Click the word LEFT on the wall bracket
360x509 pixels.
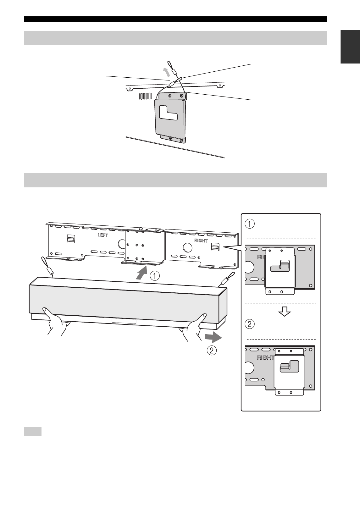coord(103,235)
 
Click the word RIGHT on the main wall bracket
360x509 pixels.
coord(201,241)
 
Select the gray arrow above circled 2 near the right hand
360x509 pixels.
coord(213,337)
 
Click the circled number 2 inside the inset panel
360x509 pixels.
coord(249,324)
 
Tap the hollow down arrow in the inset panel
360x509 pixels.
coord(284,311)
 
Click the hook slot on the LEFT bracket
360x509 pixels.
coord(70,238)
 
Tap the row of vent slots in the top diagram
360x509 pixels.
coord(146,96)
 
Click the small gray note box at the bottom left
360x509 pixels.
coord(33,432)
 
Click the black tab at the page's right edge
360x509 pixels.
coord(350,47)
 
